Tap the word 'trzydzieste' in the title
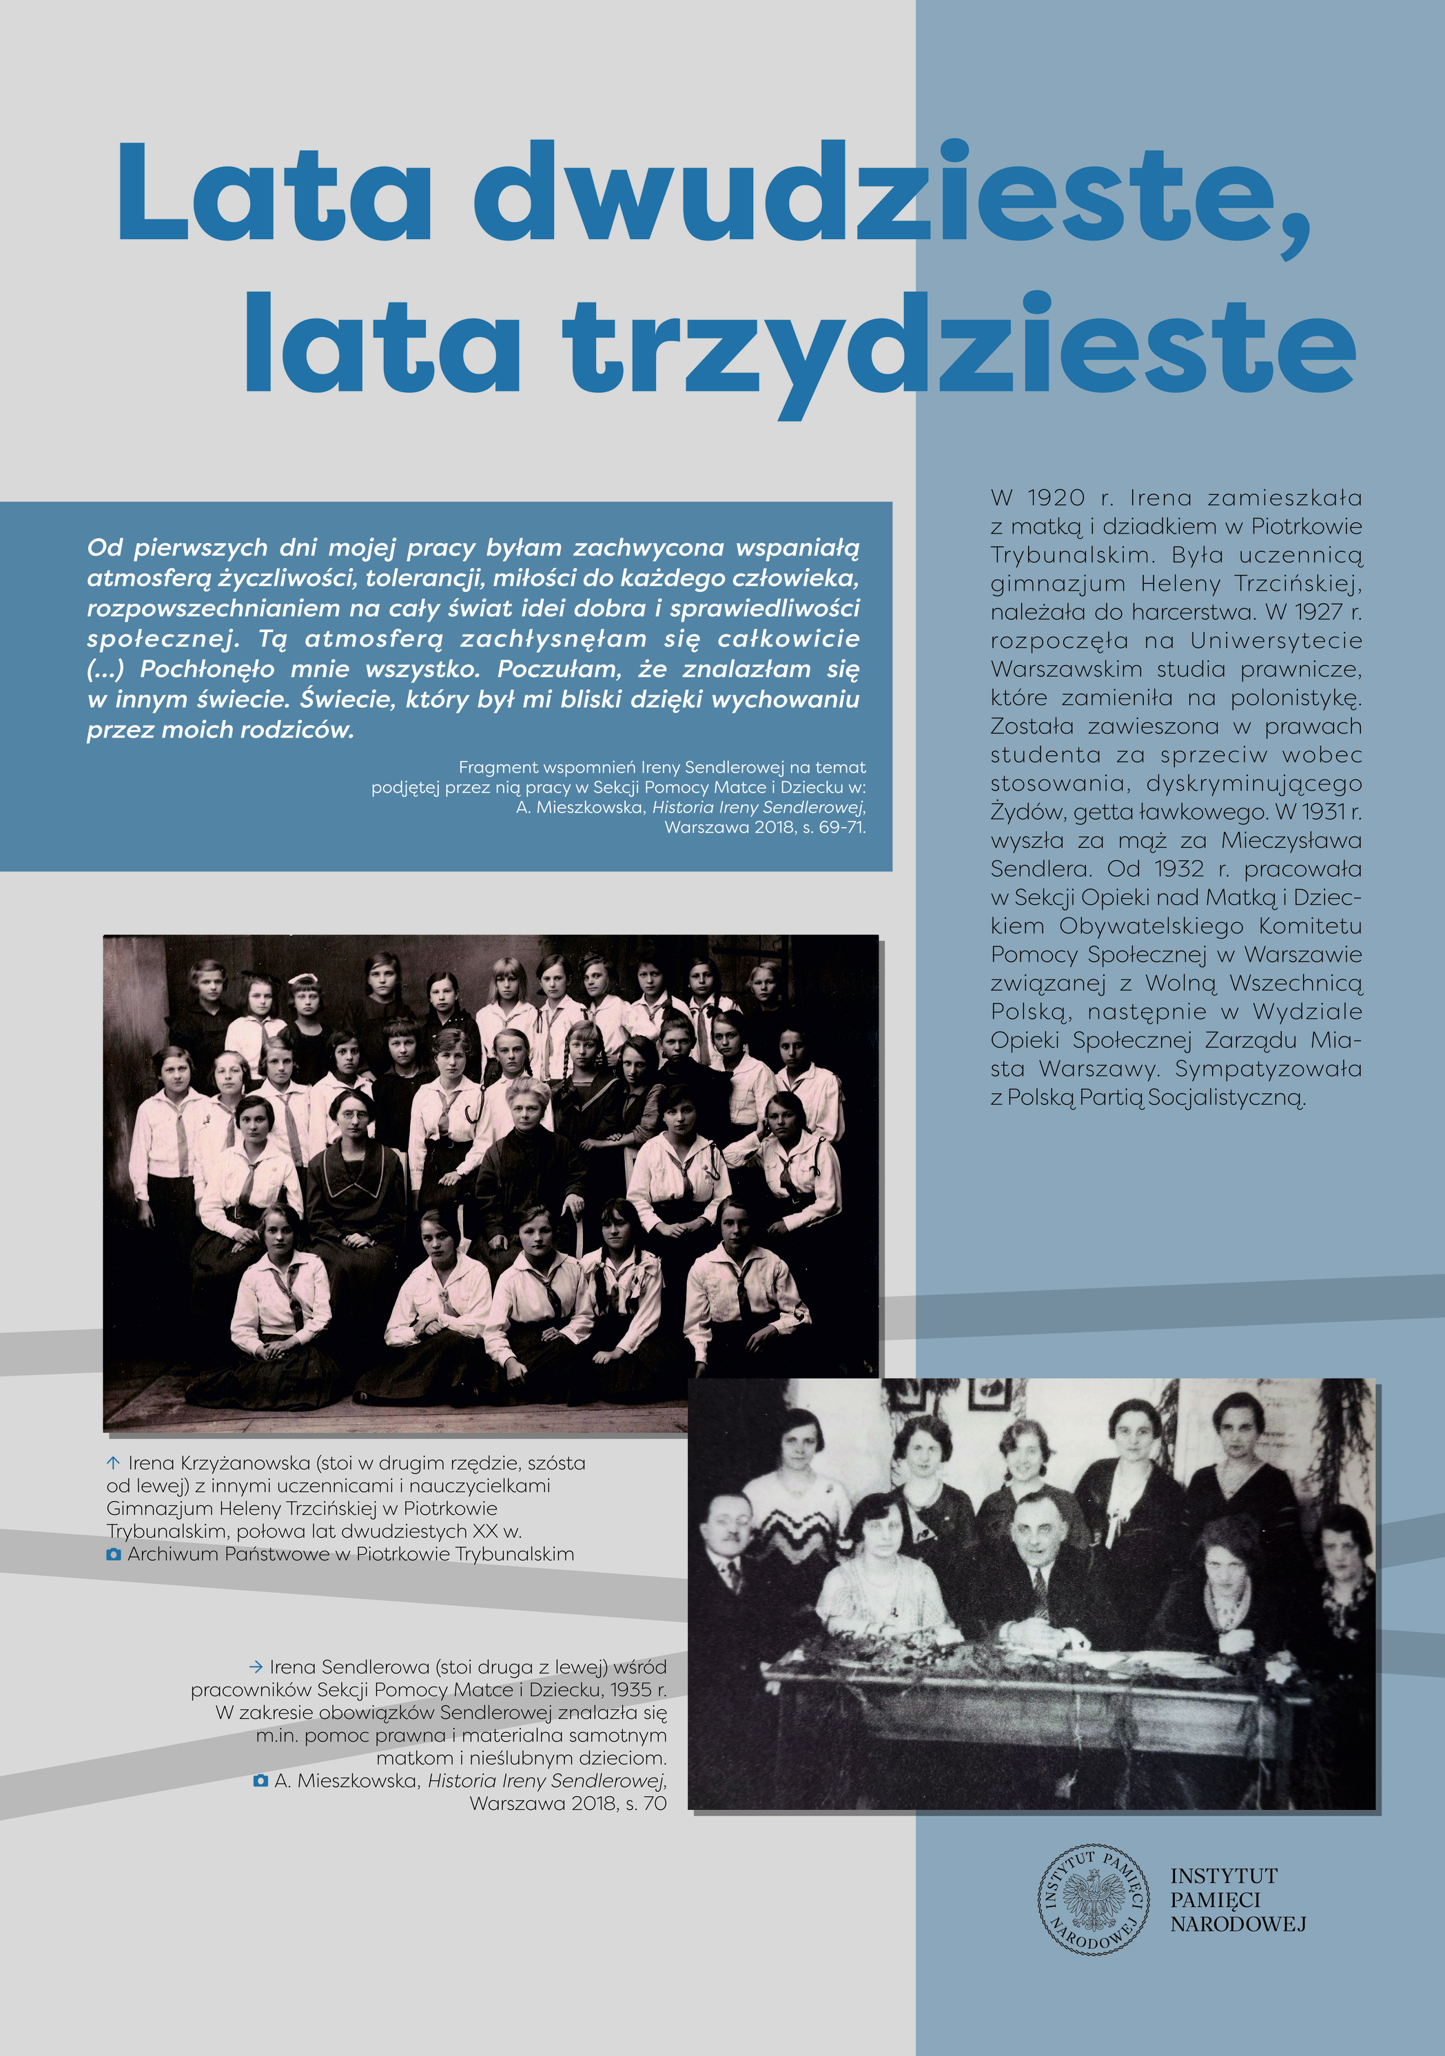click(958, 345)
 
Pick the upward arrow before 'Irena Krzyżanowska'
click(113, 1463)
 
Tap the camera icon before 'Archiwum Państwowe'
click(114, 1554)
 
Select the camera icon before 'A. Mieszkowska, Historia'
click(260, 1781)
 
